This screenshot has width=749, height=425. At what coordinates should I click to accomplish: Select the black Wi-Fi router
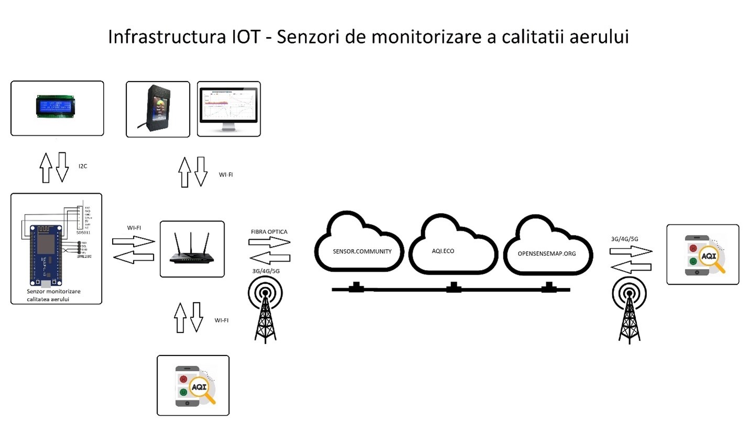pyautogui.click(x=192, y=250)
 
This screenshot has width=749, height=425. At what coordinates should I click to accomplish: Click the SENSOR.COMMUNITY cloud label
pyautogui.click(x=362, y=251)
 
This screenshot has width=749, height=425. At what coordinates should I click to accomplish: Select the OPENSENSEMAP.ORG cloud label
pyautogui.click(x=546, y=254)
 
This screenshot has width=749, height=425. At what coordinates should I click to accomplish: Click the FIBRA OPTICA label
pyautogui.click(x=269, y=231)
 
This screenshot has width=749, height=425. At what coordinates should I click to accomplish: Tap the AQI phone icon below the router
pyautogui.click(x=193, y=386)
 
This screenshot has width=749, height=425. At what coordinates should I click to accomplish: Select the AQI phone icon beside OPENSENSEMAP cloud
pyautogui.click(x=702, y=255)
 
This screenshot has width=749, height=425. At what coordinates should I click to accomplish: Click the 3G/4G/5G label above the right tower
pyautogui.click(x=625, y=239)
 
